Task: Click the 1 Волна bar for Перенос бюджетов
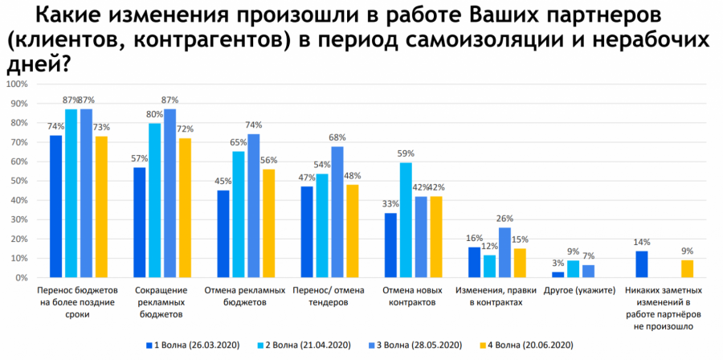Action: [x=56, y=207]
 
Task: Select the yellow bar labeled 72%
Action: [x=186, y=208]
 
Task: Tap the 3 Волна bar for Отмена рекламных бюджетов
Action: [x=254, y=206]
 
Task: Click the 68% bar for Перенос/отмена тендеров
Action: [x=337, y=211]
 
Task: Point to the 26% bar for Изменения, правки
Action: [x=504, y=252]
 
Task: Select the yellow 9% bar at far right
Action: [x=688, y=268]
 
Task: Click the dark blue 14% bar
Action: [x=642, y=264]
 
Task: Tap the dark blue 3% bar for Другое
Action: [x=558, y=275]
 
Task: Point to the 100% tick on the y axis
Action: [x=17, y=84]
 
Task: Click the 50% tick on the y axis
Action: [x=18, y=181]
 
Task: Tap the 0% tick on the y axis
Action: [x=21, y=277]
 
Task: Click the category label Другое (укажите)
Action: [x=582, y=290]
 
